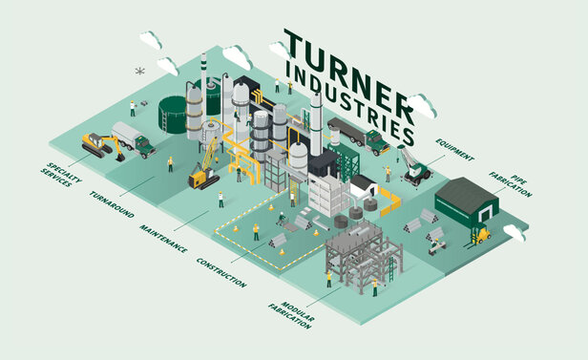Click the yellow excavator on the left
[97, 145]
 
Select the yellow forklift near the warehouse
[483, 233]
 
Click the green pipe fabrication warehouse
[468, 201]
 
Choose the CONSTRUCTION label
[220, 273]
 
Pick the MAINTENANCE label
[163, 237]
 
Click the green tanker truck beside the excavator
[133, 139]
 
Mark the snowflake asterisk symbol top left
[140, 71]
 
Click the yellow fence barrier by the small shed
[389, 200]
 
